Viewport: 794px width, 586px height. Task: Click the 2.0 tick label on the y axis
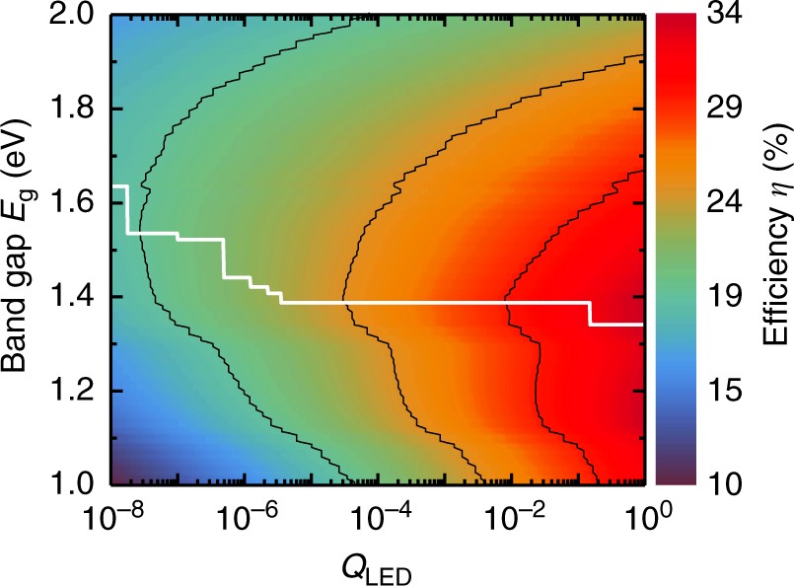[x=74, y=17]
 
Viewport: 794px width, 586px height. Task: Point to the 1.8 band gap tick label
[x=74, y=109]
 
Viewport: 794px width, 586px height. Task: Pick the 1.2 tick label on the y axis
[x=74, y=391]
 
